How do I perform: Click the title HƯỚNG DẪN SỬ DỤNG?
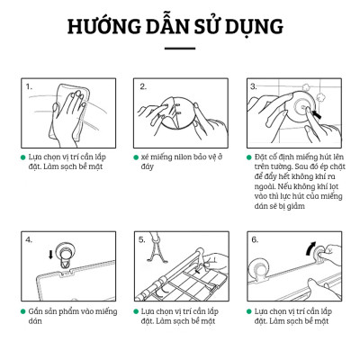(x=180, y=25)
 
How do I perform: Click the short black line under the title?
(x=180, y=49)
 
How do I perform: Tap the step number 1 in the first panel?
(x=29, y=87)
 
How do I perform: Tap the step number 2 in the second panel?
(x=142, y=87)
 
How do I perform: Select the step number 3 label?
(x=254, y=87)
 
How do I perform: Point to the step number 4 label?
(x=29, y=240)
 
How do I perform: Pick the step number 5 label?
(x=142, y=240)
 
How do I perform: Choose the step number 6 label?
(x=254, y=240)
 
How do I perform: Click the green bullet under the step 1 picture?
(x=22, y=156)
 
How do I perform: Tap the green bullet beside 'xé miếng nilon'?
(x=135, y=156)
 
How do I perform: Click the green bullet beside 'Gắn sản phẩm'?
(x=22, y=310)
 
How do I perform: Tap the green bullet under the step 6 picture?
(x=247, y=310)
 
